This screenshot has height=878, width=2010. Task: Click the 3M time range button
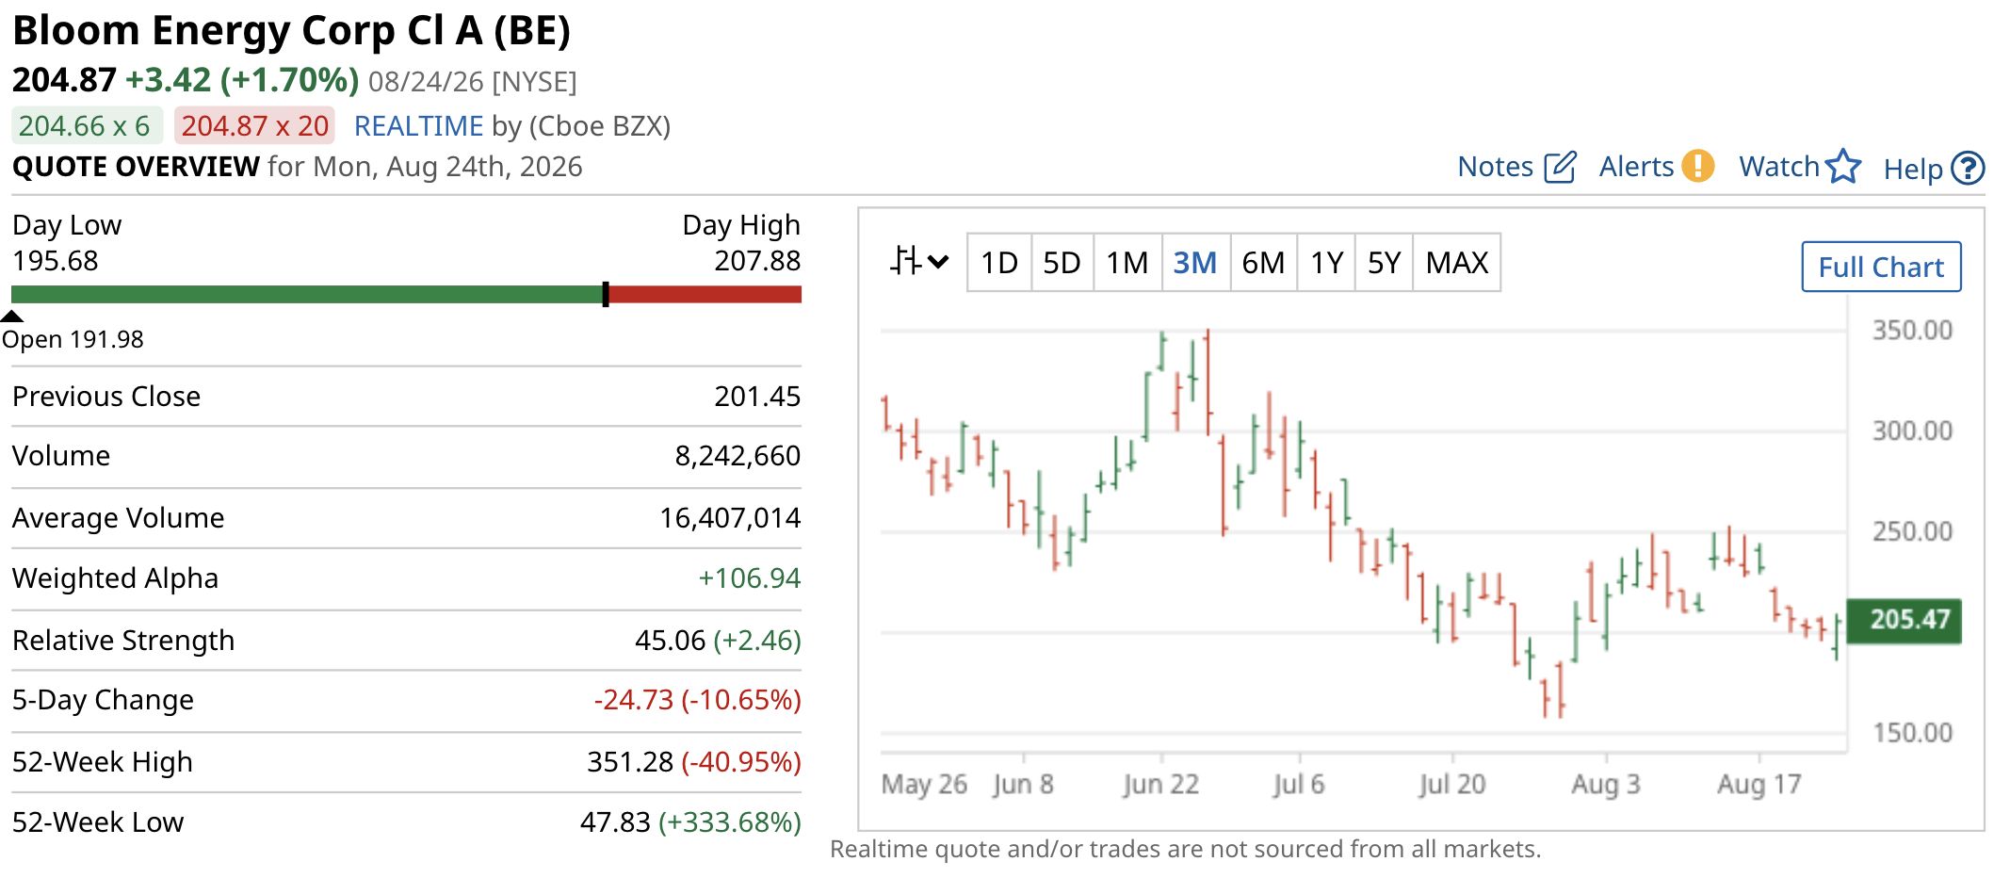(x=1195, y=263)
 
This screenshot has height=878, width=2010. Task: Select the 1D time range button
(x=999, y=263)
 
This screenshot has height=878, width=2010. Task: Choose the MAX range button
(x=1456, y=263)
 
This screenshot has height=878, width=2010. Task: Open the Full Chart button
(x=1881, y=268)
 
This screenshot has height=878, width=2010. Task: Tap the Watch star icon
(x=1843, y=167)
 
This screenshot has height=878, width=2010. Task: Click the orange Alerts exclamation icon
(x=1698, y=166)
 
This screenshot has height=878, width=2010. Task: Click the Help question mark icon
(x=1968, y=169)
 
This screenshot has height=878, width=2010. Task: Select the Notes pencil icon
(x=1560, y=167)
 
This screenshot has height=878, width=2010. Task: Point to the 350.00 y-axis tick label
(x=1912, y=331)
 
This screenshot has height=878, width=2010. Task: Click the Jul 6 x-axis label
(x=1298, y=784)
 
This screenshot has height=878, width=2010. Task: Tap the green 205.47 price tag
(x=1904, y=620)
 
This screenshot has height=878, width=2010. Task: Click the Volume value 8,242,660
(x=738, y=456)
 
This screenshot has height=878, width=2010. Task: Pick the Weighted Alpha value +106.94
(x=749, y=578)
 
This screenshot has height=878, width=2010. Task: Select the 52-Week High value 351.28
(x=630, y=761)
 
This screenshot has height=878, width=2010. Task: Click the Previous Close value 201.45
(x=757, y=397)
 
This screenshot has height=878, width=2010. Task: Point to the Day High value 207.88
(x=757, y=261)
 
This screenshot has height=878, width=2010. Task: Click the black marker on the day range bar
(x=606, y=295)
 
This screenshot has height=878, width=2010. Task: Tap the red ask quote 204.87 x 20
(x=255, y=126)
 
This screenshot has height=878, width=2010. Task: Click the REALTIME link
(x=418, y=126)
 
